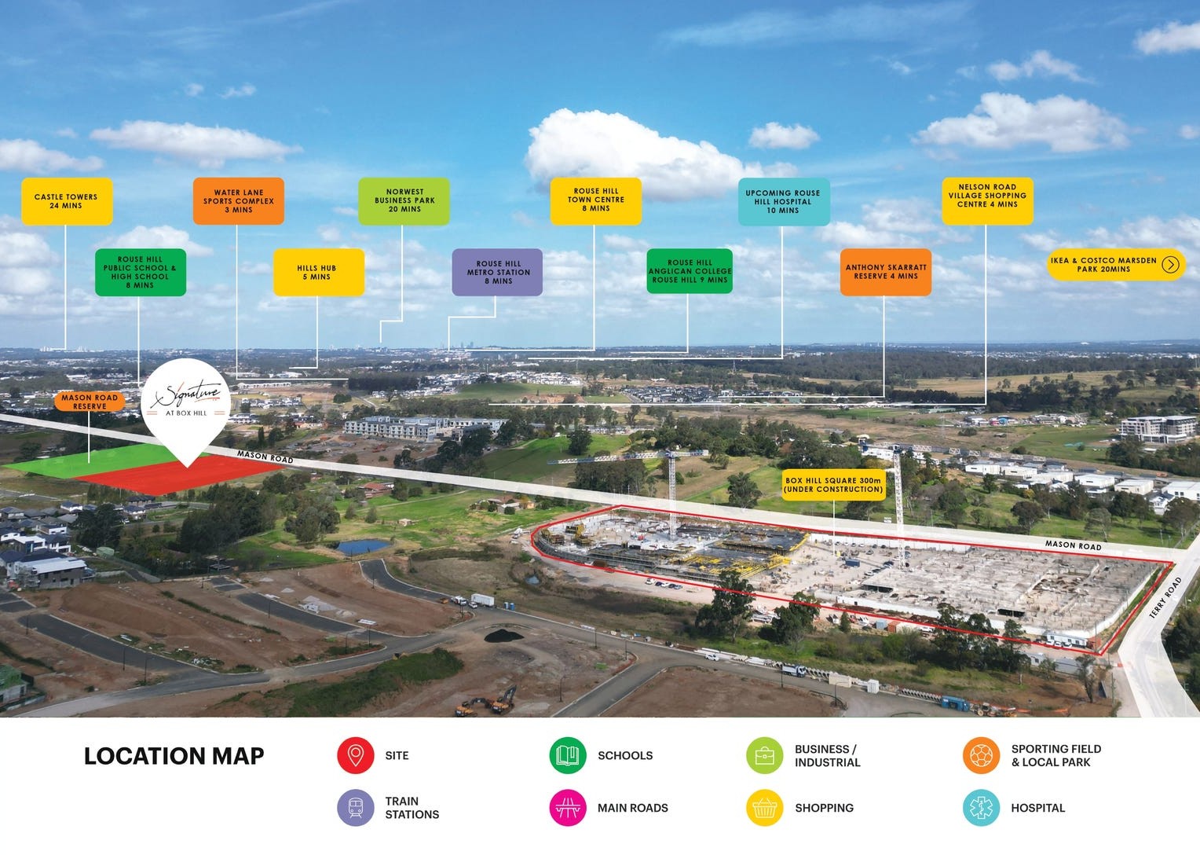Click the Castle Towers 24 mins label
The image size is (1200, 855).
(66, 201)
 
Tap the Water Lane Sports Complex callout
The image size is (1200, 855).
(238, 201)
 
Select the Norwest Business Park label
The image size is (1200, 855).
(404, 200)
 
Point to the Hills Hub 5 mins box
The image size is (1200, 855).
(318, 272)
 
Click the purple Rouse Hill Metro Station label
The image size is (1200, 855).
(497, 272)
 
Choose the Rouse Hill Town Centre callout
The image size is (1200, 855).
(595, 200)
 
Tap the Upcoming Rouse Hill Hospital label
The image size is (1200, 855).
(782, 201)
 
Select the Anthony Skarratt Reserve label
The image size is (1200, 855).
(885, 272)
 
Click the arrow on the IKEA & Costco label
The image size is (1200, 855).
(1170, 265)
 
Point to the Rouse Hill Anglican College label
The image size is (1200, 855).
(689, 271)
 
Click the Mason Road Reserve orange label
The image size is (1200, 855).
(90, 402)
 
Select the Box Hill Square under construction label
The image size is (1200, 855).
(833, 484)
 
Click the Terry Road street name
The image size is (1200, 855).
(1165, 598)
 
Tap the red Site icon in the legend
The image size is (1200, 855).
(355, 755)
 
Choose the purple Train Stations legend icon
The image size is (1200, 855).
(355, 808)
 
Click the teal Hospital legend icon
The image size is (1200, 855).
(981, 808)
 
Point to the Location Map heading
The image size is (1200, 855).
(174, 756)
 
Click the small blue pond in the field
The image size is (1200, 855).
(362, 546)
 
